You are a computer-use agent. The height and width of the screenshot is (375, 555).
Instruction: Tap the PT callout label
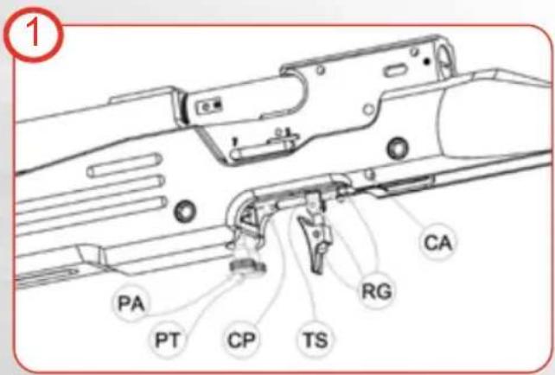pyautogui.click(x=167, y=340)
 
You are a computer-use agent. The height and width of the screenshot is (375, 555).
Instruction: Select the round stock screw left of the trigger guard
pyautogui.click(x=182, y=210)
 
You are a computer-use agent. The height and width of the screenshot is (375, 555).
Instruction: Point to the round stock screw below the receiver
pyautogui.click(x=398, y=144)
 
